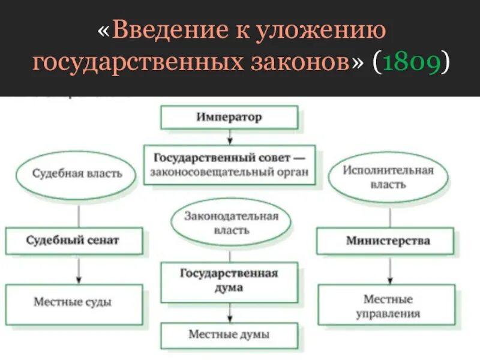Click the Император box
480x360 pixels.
tap(229, 118)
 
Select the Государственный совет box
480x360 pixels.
tap(230, 166)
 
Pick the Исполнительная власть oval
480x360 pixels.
tap(388, 177)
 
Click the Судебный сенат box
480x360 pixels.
tap(74, 241)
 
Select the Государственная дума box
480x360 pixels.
tap(229, 281)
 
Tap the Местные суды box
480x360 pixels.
tap(74, 303)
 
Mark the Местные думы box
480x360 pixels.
tap(229, 335)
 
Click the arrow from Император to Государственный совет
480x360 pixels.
tap(229, 137)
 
